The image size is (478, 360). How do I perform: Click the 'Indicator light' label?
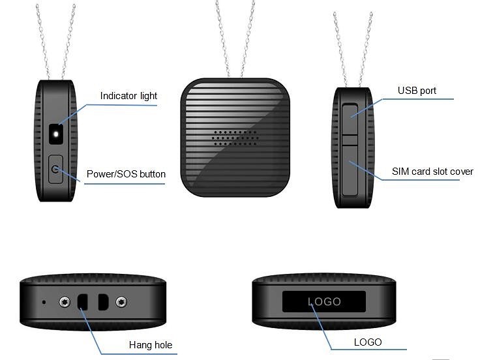click(128, 96)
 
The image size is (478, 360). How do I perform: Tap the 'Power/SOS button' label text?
click(126, 174)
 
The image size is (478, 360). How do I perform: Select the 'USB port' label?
click(417, 91)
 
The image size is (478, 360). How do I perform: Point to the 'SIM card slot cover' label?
click(432, 172)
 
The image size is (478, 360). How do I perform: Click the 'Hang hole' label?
click(151, 345)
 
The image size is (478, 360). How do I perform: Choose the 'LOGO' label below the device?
click(367, 342)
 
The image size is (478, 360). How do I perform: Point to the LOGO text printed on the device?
click(324, 301)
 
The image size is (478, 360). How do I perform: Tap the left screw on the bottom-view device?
click(64, 302)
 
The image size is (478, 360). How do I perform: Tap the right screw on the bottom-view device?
click(121, 302)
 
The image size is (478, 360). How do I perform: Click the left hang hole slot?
click(83, 302)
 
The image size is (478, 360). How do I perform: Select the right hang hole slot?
click(102, 302)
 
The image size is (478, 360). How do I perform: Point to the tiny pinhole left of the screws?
click(44, 302)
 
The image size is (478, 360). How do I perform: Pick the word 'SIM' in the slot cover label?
click(400, 172)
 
